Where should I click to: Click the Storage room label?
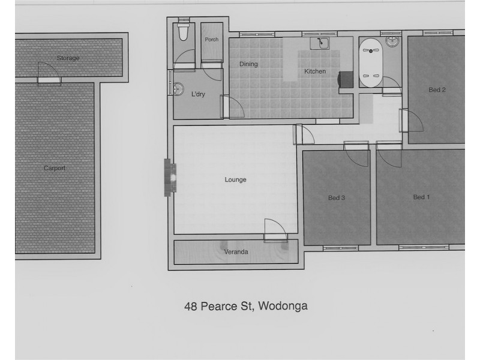tap(68, 58)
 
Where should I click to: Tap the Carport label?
tap(54, 168)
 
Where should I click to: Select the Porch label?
tap(211, 40)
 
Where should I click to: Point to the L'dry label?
tap(198, 94)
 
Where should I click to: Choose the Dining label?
tap(248, 64)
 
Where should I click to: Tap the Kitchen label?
tap(315, 71)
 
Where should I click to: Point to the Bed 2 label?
tap(437, 90)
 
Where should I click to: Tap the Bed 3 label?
tap(337, 197)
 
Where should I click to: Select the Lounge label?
tap(235, 179)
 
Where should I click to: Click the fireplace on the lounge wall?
tap(172, 178)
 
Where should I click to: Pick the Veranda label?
tap(236, 252)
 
